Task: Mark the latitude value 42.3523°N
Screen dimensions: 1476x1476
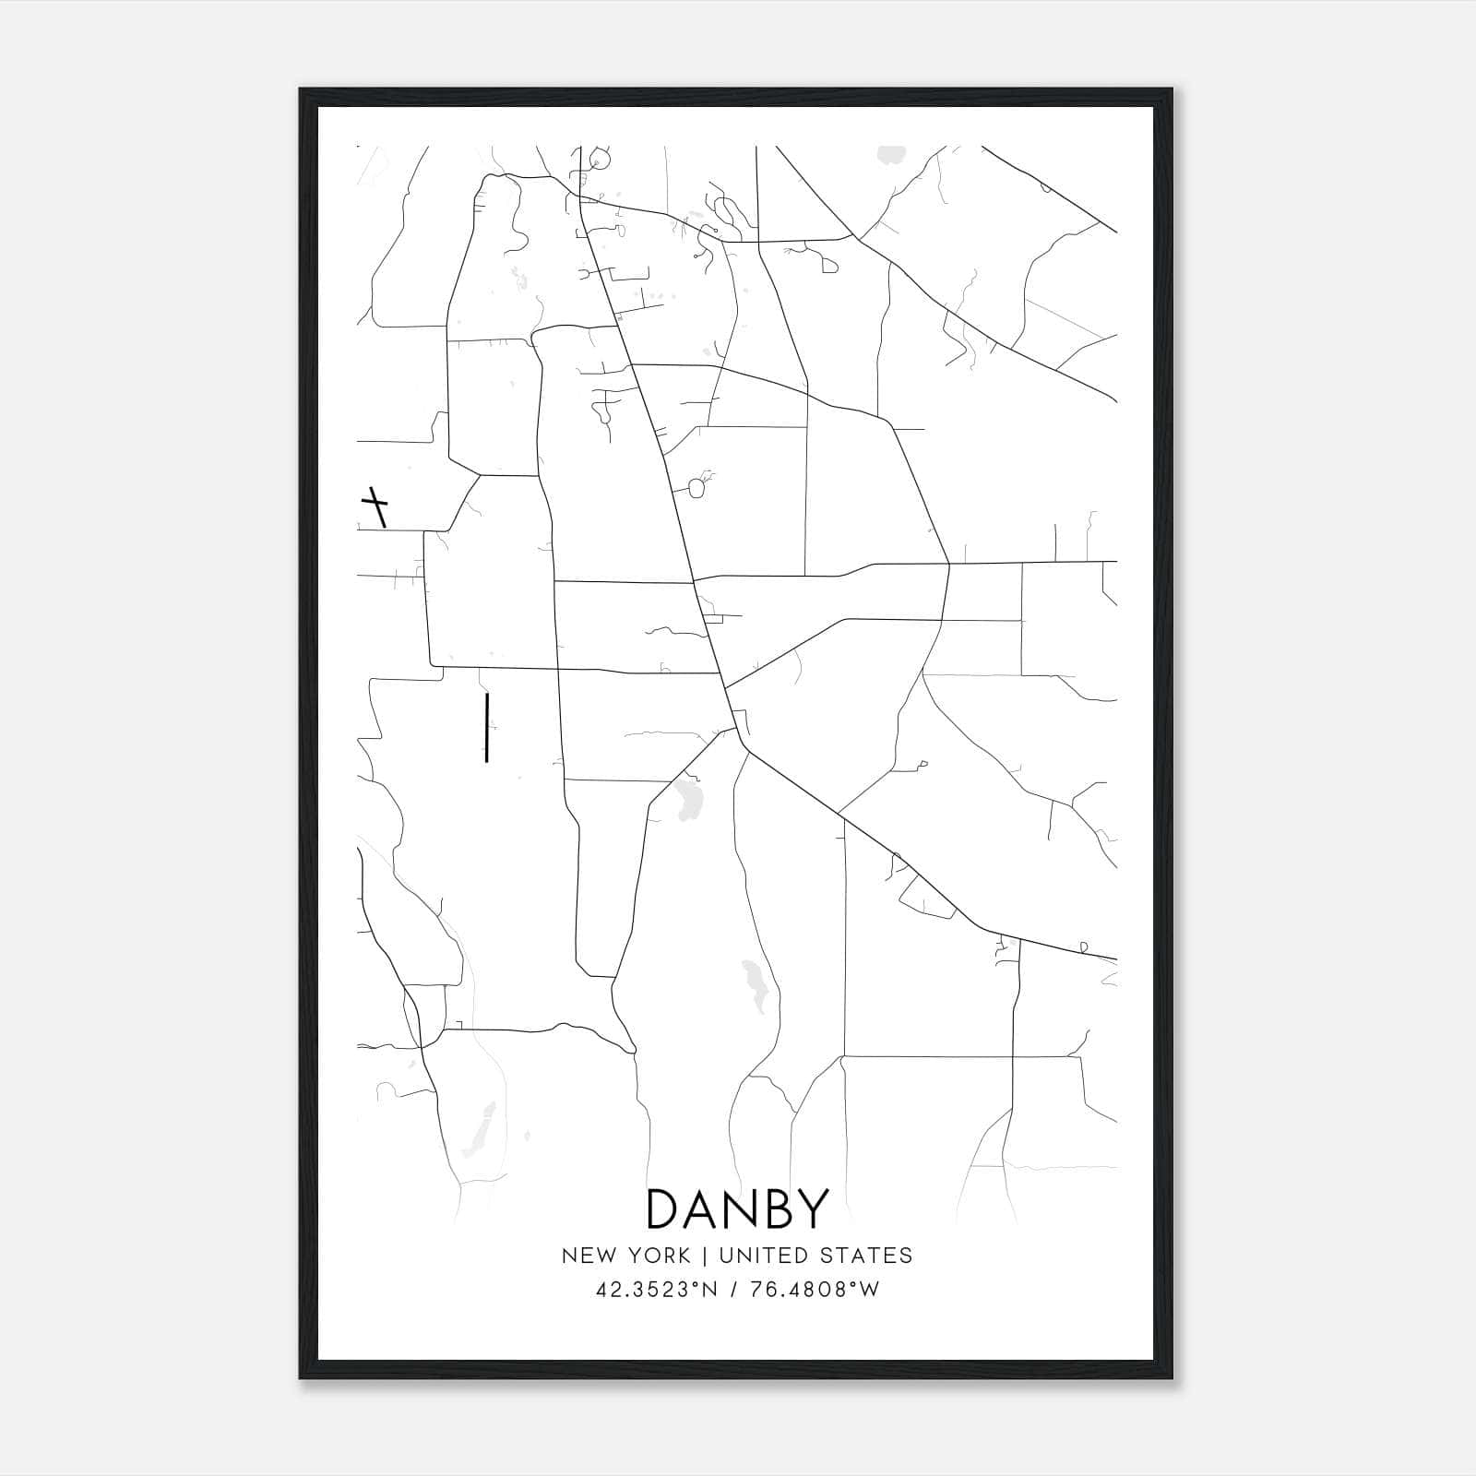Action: (x=657, y=1290)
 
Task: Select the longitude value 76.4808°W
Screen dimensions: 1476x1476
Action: (x=814, y=1290)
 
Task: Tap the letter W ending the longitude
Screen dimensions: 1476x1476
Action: (x=870, y=1290)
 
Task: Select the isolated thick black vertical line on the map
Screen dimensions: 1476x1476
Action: (x=486, y=729)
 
